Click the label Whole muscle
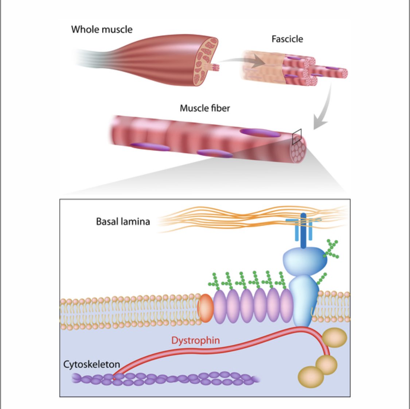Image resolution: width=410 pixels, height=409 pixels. click(x=102, y=30)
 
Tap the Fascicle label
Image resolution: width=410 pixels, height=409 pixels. click(x=287, y=39)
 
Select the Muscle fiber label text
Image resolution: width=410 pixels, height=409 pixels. click(x=205, y=108)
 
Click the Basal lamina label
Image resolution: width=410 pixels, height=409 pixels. click(x=123, y=221)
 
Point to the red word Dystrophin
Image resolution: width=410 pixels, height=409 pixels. click(x=196, y=340)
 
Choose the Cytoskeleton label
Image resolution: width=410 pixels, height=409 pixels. click(x=91, y=364)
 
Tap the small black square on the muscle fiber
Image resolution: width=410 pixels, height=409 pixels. click(x=297, y=136)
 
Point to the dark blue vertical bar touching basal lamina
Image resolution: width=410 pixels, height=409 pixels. click(x=303, y=230)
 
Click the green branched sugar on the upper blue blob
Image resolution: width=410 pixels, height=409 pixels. click(x=331, y=249)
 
